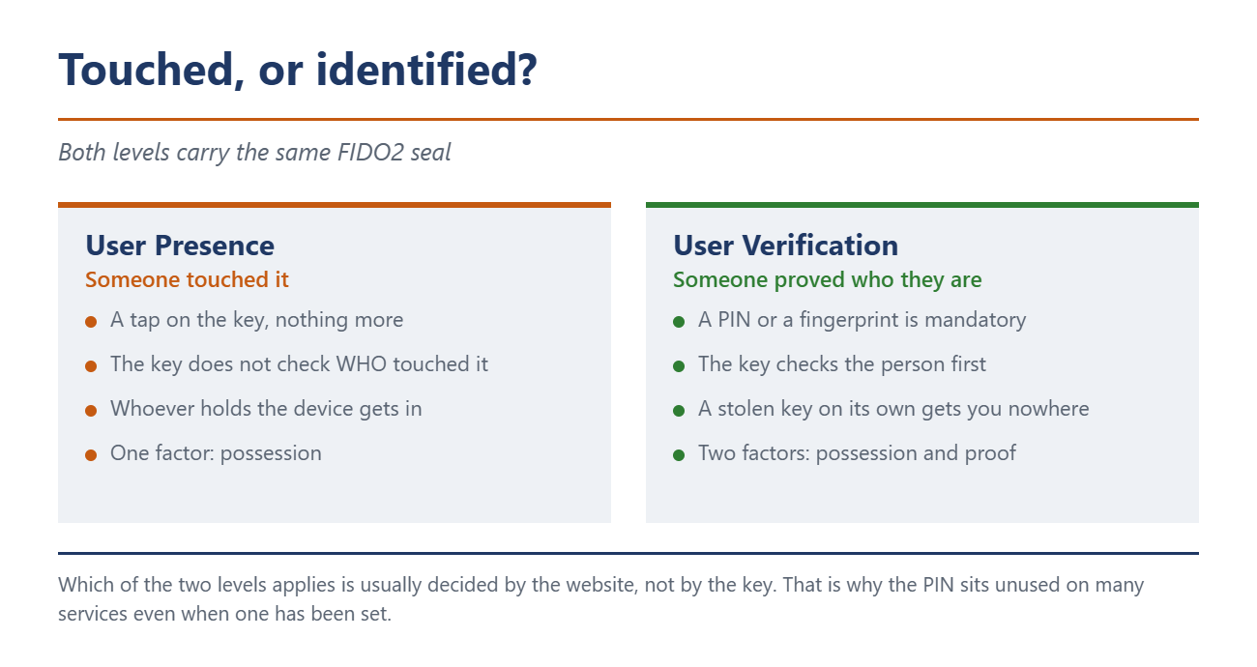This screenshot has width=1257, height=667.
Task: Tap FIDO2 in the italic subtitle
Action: click(370, 152)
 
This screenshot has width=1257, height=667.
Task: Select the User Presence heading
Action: click(180, 246)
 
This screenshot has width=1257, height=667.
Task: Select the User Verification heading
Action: click(785, 246)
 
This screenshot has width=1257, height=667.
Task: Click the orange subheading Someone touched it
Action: click(187, 279)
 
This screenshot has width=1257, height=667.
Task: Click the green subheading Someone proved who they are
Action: click(828, 279)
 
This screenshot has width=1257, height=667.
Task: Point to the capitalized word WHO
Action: click(362, 364)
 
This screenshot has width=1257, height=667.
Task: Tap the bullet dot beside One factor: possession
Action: click(91, 455)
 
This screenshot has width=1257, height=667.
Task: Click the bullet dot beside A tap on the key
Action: click(91, 322)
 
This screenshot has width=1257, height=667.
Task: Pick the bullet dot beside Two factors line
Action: click(679, 455)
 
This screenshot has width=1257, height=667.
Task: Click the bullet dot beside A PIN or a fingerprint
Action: click(679, 322)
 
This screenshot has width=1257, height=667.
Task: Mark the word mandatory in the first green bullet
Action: click(976, 320)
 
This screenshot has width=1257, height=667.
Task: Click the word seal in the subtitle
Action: click(430, 152)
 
